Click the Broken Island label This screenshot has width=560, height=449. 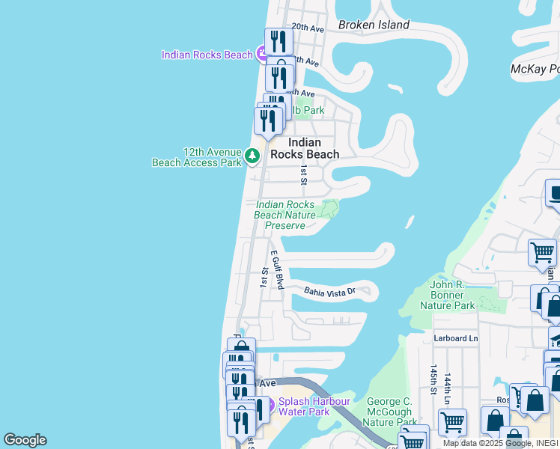(374, 25)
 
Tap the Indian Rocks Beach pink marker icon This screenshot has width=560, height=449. (262, 54)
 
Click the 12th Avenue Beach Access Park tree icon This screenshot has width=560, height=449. (252, 156)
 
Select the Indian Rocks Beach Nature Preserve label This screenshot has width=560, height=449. (284, 215)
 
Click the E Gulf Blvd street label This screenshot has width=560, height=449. (277, 270)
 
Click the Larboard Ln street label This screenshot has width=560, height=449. (455, 338)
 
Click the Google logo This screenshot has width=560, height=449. (25, 440)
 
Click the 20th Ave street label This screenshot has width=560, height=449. (307, 28)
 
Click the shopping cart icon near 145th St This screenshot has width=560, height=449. (452, 422)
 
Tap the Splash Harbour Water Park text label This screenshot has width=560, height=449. (314, 406)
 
